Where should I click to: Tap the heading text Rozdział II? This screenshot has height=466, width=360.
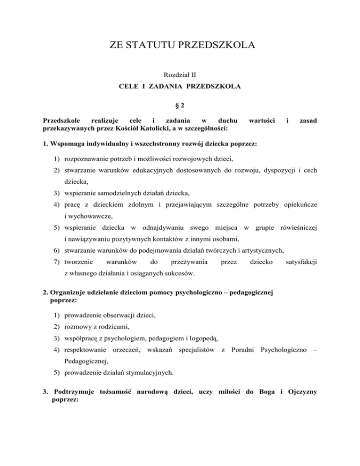[x=180, y=75]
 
